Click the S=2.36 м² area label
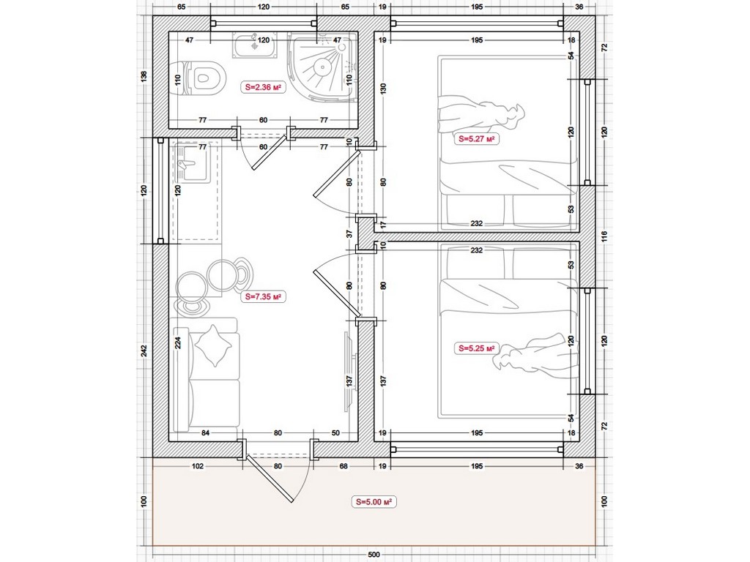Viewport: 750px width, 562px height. tap(263, 88)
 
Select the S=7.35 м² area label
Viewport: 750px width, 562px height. tap(263, 297)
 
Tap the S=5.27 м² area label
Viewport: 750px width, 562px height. tap(476, 139)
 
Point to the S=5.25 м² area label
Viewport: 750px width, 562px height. tap(476, 348)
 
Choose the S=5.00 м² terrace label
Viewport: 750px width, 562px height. tap(374, 502)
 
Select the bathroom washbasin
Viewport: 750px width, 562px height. tap(255, 45)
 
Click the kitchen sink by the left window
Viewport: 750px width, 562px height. tap(193, 162)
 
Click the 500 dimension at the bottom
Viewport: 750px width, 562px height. tap(374, 555)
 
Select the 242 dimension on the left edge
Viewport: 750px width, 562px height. tap(144, 351)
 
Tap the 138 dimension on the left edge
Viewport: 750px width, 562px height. tap(144, 75)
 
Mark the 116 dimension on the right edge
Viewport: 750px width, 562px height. tap(604, 236)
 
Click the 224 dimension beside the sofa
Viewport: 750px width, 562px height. tap(178, 342)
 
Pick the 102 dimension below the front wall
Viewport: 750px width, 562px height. tap(198, 466)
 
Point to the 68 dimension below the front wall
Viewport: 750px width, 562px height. tap(343, 466)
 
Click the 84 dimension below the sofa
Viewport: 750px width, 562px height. tap(205, 433)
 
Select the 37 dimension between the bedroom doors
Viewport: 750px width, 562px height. tap(349, 234)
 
